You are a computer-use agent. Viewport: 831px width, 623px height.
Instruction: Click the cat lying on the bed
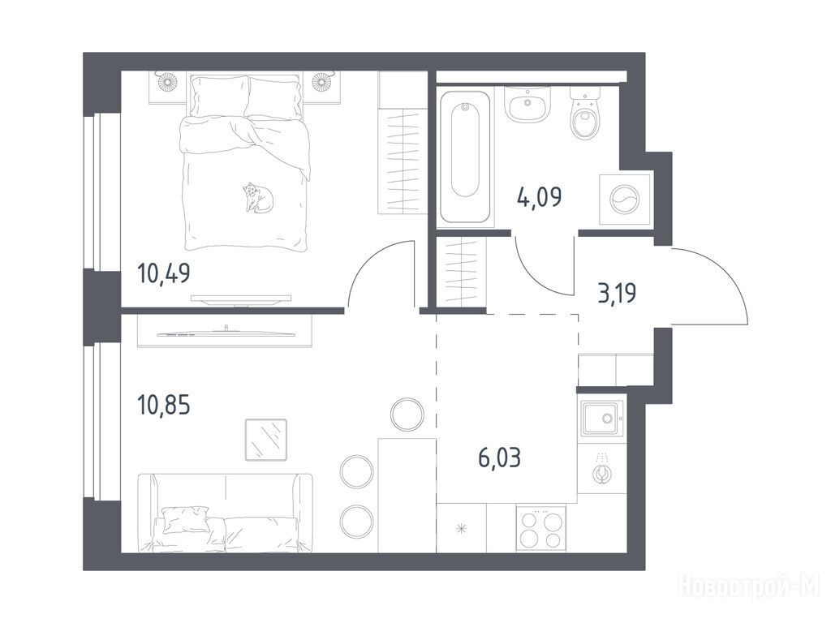[258, 198]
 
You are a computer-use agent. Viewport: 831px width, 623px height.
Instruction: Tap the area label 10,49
[163, 273]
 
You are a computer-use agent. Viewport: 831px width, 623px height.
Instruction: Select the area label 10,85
[163, 406]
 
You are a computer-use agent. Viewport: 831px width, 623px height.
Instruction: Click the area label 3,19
[617, 292]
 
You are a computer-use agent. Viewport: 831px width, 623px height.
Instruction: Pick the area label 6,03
[499, 458]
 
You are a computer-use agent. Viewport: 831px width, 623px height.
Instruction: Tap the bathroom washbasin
[527, 105]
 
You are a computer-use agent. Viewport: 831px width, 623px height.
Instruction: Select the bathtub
[466, 157]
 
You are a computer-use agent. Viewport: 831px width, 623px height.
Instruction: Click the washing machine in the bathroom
[625, 199]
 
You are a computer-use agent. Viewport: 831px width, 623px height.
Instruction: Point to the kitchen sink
[603, 418]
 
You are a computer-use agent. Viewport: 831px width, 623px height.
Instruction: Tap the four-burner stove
[540, 527]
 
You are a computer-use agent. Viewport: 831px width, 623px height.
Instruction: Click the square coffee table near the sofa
[266, 440]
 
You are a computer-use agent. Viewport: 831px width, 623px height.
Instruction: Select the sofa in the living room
[226, 513]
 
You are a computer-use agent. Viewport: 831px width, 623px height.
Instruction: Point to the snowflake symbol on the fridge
[462, 528]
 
